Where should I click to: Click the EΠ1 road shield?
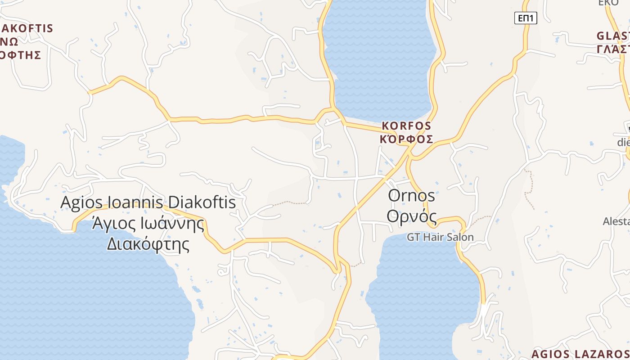[526, 18]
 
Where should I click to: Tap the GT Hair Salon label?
[440, 237]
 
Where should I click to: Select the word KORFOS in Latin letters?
[406, 126]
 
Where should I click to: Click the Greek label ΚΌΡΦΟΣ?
[406, 139]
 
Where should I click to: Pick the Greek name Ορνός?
[412, 216]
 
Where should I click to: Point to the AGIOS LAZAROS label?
[580, 354]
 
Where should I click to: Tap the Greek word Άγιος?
[112, 223]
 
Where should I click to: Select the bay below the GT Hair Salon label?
[423, 292]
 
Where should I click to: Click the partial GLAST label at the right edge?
[613, 36]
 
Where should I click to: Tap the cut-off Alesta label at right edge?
[616, 221]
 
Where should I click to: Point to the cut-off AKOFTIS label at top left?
[27, 28]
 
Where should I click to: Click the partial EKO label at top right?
[608, 3]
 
